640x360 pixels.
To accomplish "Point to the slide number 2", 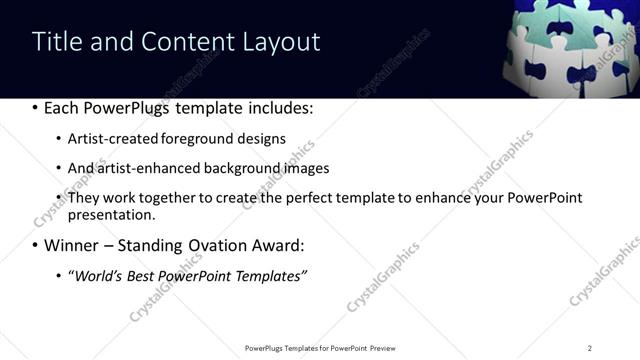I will (590, 348).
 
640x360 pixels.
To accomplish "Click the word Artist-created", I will (107, 138).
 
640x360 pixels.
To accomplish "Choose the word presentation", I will (111, 214).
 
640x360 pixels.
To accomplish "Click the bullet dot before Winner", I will (36, 245).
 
